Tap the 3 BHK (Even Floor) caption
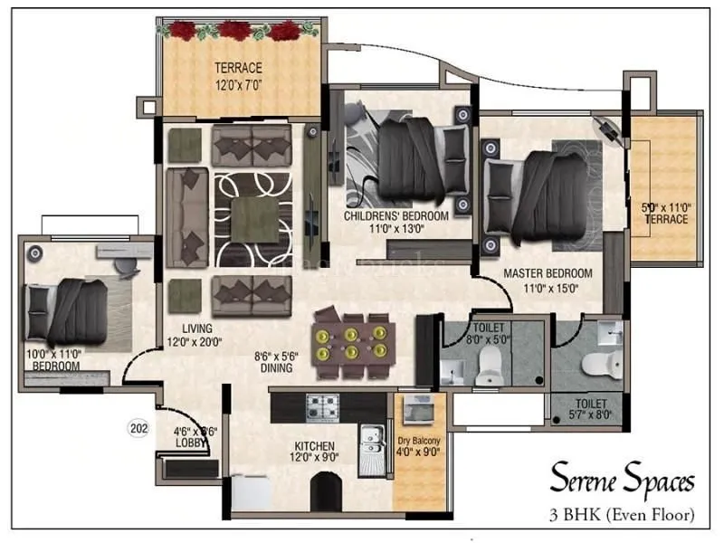(x=622, y=516)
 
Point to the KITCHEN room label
(x=314, y=446)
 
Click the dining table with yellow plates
(x=352, y=344)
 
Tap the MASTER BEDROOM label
(x=548, y=273)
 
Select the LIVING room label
(x=196, y=328)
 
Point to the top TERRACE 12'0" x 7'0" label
(x=238, y=68)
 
